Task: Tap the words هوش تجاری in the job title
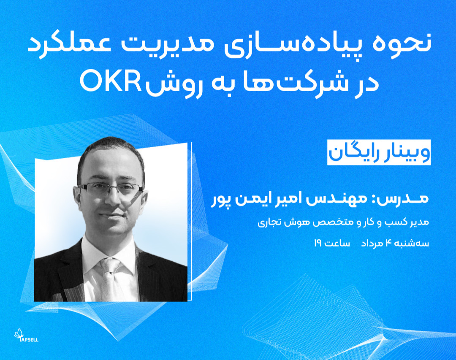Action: (274, 222)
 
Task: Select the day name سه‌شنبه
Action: (412, 244)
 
